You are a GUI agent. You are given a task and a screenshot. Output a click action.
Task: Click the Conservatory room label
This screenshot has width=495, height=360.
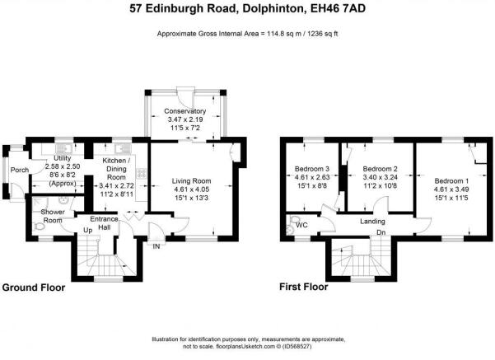tap(185, 111)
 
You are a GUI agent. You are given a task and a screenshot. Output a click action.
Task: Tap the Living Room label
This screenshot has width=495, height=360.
tap(191, 181)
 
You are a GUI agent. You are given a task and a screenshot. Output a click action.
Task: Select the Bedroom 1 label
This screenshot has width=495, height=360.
tap(451, 181)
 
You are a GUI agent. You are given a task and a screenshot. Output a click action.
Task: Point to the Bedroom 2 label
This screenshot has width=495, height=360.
tap(380, 169)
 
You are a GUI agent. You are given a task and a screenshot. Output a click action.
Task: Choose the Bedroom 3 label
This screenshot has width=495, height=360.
tap(312, 169)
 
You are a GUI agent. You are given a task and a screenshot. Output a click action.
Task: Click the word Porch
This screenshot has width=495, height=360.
tap(20, 170)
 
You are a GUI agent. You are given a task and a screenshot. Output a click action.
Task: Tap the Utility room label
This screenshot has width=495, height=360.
tap(63, 158)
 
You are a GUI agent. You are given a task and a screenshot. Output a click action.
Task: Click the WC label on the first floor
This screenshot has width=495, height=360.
tap(301, 225)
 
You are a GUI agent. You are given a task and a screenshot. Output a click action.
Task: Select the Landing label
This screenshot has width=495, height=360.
tap(372, 222)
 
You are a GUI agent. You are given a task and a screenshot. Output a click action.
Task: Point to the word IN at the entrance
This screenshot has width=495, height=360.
tap(156, 246)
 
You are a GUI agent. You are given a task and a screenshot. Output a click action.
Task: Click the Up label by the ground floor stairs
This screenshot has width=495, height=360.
tap(88, 231)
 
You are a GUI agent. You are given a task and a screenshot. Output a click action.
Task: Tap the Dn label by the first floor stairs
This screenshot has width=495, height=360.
tap(381, 232)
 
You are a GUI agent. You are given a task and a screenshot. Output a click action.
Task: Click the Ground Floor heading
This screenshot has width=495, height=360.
tap(34, 288)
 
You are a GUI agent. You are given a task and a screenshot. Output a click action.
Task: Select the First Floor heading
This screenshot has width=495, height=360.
tap(304, 287)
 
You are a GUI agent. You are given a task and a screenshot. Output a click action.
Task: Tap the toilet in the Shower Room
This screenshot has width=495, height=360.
tap(39, 227)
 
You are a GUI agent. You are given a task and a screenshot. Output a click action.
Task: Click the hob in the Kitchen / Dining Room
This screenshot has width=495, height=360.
tap(142, 173)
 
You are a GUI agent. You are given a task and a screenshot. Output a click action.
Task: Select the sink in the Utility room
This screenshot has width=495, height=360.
tap(63, 147)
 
